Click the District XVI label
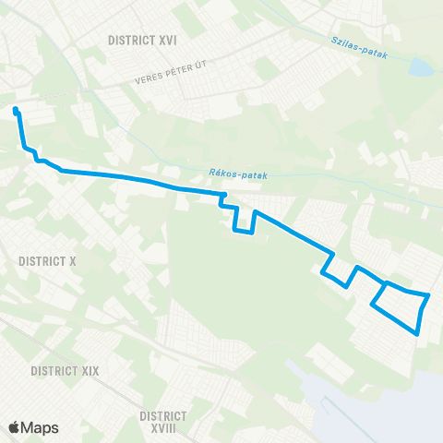(x=142, y=41)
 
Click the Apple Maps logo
(x=33, y=427)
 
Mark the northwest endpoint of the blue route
(x=16, y=111)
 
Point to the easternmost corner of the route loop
(x=429, y=296)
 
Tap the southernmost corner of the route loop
(x=418, y=334)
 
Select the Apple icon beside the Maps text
(x=14, y=427)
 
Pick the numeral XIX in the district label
(x=88, y=370)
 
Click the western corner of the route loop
(x=372, y=305)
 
